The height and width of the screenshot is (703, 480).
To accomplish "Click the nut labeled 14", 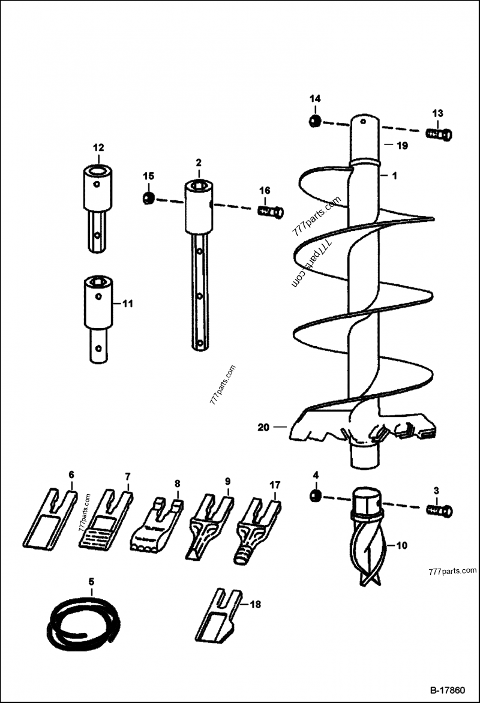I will point(314,122).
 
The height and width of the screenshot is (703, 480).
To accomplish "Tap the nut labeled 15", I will point(148,197).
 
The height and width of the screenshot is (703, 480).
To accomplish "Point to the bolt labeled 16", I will point(270,211).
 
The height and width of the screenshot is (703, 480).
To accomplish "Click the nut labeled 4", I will point(316,496).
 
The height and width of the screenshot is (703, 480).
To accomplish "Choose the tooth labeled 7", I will point(105,522).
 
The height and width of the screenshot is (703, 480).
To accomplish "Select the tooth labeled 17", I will point(259,525).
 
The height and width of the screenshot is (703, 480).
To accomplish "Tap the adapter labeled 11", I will point(98,318).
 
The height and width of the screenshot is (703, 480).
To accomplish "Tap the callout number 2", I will point(198,163).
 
